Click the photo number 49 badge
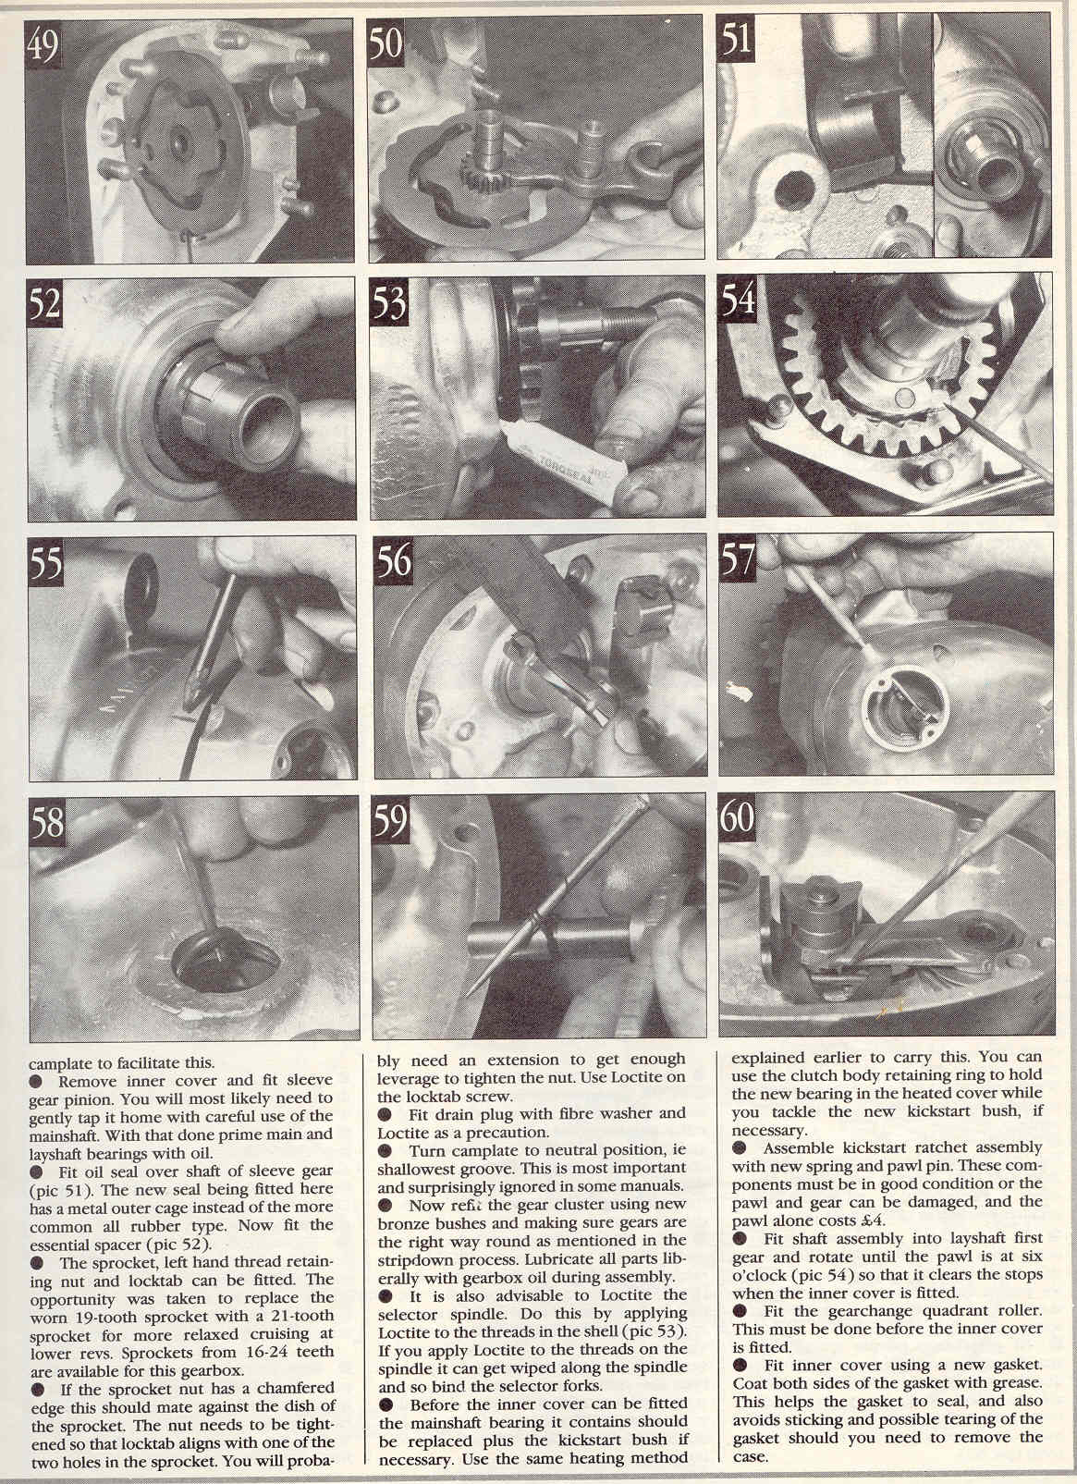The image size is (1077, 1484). pyautogui.click(x=43, y=45)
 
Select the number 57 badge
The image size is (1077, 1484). pyautogui.click(x=737, y=558)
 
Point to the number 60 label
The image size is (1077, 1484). pyautogui.click(x=737, y=816)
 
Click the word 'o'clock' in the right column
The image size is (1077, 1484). pyautogui.click(x=757, y=1275)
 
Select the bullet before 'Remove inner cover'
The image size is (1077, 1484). pyautogui.click(x=36, y=1081)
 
